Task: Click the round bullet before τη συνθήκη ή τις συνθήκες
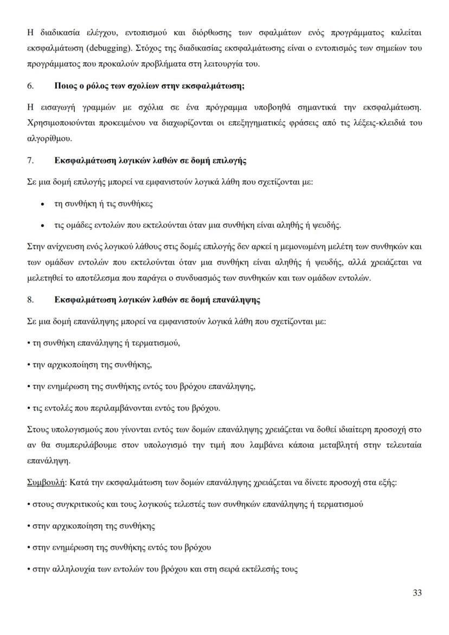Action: [42, 204]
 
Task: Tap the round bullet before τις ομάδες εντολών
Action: [42, 225]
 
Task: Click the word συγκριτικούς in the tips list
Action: [81, 504]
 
